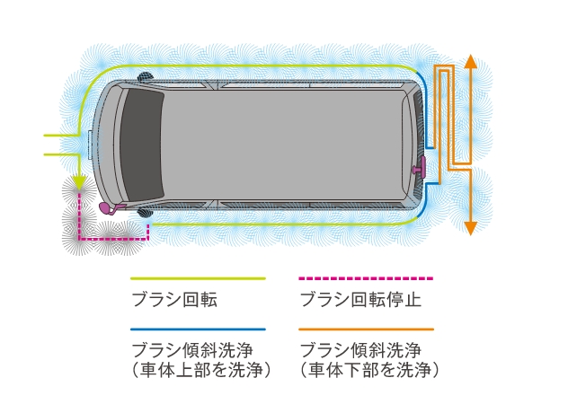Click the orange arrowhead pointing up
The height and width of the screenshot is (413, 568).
468,62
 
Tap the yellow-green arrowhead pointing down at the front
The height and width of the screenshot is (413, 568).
79,184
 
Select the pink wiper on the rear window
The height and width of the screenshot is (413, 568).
419,167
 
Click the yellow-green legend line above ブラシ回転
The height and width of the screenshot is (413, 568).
198,278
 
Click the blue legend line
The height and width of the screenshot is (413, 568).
198,330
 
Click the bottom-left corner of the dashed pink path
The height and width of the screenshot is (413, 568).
81,239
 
